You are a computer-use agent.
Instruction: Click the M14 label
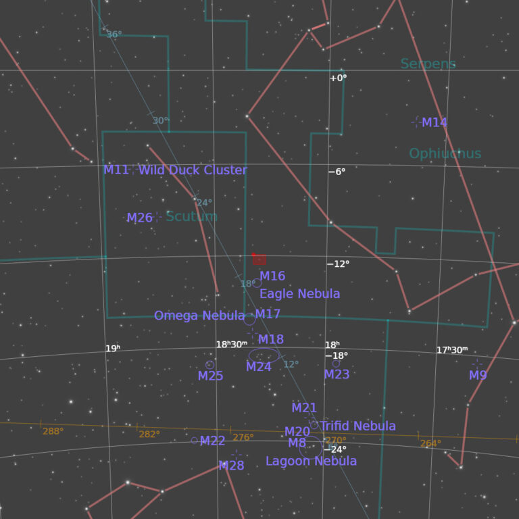click(x=435, y=123)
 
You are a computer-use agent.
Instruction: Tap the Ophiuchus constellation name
click(x=445, y=153)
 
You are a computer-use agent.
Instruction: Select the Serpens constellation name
click(x=428, y=64)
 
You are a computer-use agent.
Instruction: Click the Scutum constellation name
click(x=191, y=216)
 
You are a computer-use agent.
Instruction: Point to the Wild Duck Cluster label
click(x=193, y=170)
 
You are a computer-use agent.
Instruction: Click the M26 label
click(x=140, y=218)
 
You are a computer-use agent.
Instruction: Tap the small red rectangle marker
click(x=259, y=259)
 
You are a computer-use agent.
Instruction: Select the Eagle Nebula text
click(x=299, y=294)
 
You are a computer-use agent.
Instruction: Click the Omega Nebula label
click(x=199, y=316)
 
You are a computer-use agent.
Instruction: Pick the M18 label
click(x=271, y=339)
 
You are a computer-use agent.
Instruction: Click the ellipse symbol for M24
click(x=264, y=355)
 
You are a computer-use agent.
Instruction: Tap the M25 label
click(x=210, y=376)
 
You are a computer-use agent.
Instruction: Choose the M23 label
click(x=337, y=374)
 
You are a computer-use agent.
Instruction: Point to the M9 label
click(x=478, y=375)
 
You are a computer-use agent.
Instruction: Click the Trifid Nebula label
click(x=358, y=426)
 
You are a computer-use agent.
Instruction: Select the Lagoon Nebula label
click(x=311, y=461)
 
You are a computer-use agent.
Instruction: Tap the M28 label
click(x=231, y=466)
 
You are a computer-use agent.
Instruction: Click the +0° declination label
click(x=338, y=78)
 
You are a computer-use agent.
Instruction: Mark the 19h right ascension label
click(x=112, y=349)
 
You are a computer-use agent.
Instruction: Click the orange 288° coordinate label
click(x=53, y=431)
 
